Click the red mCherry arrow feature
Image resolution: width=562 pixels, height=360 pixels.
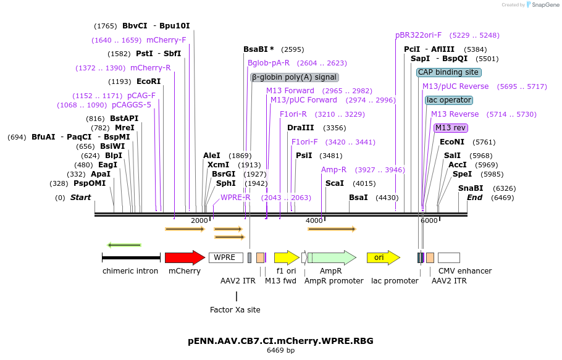click(184, 257)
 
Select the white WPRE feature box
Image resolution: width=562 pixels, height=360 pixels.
click(225, 257)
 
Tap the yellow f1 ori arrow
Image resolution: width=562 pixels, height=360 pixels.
click(287, 257)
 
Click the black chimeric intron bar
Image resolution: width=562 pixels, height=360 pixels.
click(131, 257)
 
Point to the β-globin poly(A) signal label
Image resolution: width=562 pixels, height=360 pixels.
click(295, 77)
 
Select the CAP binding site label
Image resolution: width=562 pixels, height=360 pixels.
click(448, 72)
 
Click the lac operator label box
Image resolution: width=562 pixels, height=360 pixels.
click(449, 100)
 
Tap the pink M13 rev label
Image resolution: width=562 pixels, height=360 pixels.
click(451, 128)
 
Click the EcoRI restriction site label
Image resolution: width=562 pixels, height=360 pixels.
click(148, 82)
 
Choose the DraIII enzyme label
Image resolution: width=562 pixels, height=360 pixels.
click(300, 128)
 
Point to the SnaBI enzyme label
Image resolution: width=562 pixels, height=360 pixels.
click(471, 188)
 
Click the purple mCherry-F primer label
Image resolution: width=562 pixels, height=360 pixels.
click(166, 40)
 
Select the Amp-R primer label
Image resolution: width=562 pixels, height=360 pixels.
click(333, 170)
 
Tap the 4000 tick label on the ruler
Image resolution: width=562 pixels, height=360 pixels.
click(314, 220)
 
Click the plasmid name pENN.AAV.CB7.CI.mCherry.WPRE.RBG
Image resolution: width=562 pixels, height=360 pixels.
click(280, 341)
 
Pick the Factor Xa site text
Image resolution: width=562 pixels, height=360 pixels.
click(235, 309)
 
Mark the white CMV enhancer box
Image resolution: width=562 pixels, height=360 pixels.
click(449, 257)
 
